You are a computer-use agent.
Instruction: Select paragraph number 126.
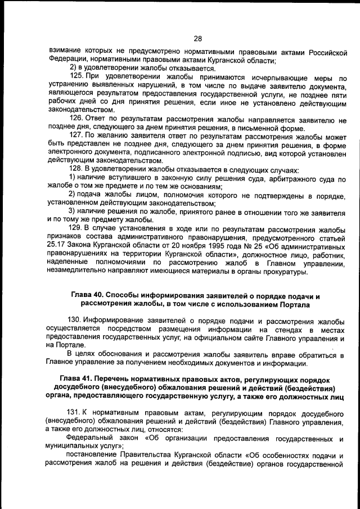pyautogui.click(x=76, y=120)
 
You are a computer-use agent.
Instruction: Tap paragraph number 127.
pyautogui.click(x=76, y=136)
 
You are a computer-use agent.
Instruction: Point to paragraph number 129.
pyautogui.click(x=76, y=228)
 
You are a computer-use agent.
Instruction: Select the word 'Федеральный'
pyautogui.click(x=92, y=437)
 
